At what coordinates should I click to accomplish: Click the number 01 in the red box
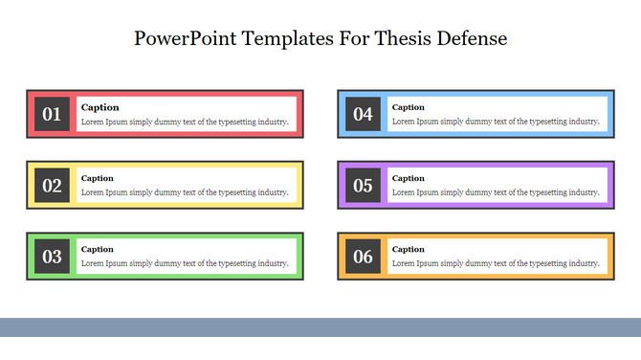tap(52, 115)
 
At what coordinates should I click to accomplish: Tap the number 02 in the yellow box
tap(52, 186)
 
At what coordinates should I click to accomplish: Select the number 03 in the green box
tap(52, 257)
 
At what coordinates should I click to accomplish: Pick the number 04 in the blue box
tap(363, 115)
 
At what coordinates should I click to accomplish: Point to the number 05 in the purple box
tap(363, 186)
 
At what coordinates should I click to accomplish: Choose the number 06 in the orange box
tap(363, 257)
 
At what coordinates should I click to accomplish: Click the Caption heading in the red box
tap(99, 107)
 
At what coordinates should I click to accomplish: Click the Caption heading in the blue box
tap(409, 107)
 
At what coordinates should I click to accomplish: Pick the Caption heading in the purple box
tap(409, 178)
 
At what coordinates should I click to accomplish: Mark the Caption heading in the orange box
tap(409, 249)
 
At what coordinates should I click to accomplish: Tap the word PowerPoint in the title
tap(186, 39)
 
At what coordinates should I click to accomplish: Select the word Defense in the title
tap(471, 39)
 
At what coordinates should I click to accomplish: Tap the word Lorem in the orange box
tap(405, 263)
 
